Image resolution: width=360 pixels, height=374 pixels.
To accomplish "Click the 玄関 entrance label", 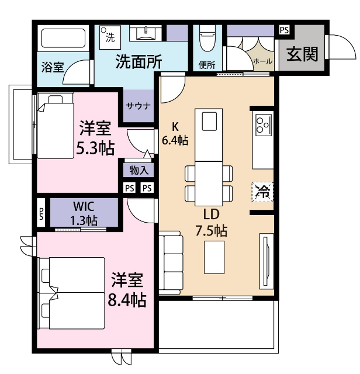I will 302,54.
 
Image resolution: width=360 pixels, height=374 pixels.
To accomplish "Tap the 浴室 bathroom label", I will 53,67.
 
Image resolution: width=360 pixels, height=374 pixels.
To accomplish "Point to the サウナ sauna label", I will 138,106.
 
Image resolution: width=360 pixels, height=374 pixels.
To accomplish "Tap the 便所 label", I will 207,65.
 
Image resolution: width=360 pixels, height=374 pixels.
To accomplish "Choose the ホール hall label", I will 262,61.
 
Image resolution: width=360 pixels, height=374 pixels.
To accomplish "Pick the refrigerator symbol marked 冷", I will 262,191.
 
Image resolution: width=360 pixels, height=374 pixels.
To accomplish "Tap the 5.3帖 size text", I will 95,148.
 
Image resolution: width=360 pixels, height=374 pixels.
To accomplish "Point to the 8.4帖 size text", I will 127,300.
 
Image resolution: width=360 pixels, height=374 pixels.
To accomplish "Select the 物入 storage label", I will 138,170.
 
